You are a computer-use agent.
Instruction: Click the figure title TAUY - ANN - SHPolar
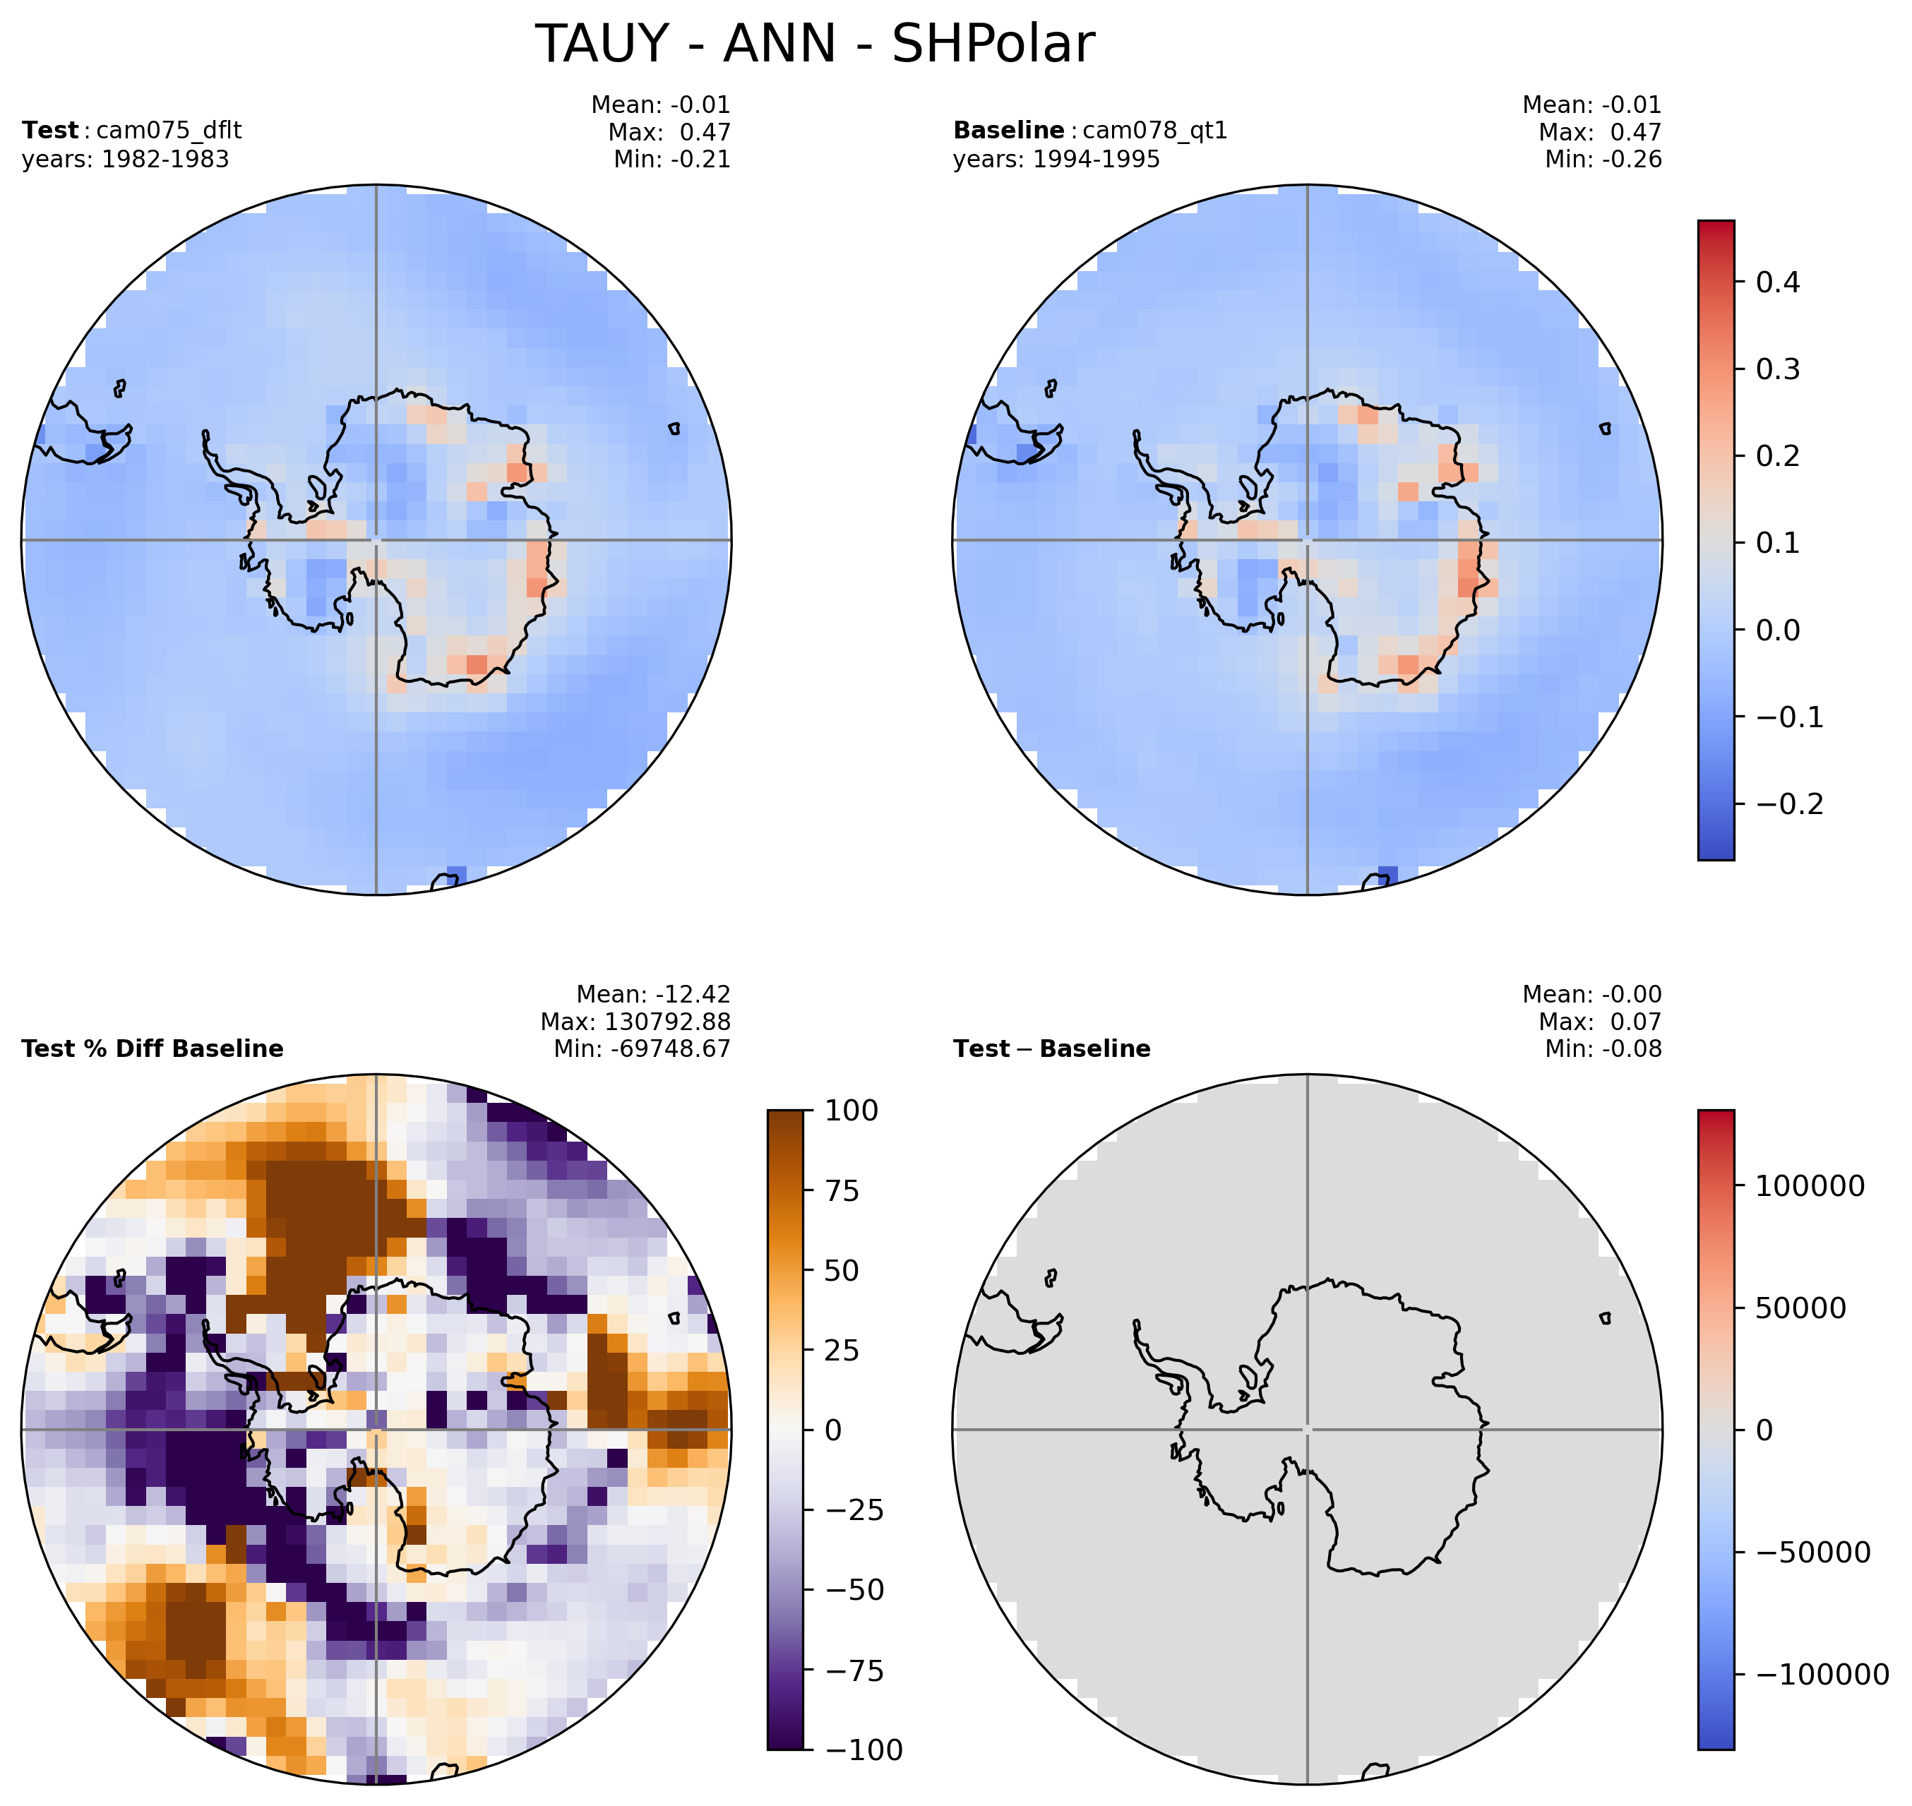815,44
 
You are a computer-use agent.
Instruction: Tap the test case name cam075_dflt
169,131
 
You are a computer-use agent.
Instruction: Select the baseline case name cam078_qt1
1155,131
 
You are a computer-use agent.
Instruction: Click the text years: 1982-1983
125,160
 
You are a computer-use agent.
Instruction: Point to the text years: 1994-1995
1056,160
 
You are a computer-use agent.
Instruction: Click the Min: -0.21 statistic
672,160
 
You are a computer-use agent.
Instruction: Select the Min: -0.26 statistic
1603,160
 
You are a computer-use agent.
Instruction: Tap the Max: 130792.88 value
635,1022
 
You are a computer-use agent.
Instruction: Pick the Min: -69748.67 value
642,1049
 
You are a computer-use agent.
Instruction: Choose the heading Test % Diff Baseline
152,1049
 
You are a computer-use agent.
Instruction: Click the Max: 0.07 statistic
1600,1022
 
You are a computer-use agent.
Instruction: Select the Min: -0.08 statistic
1603,1049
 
